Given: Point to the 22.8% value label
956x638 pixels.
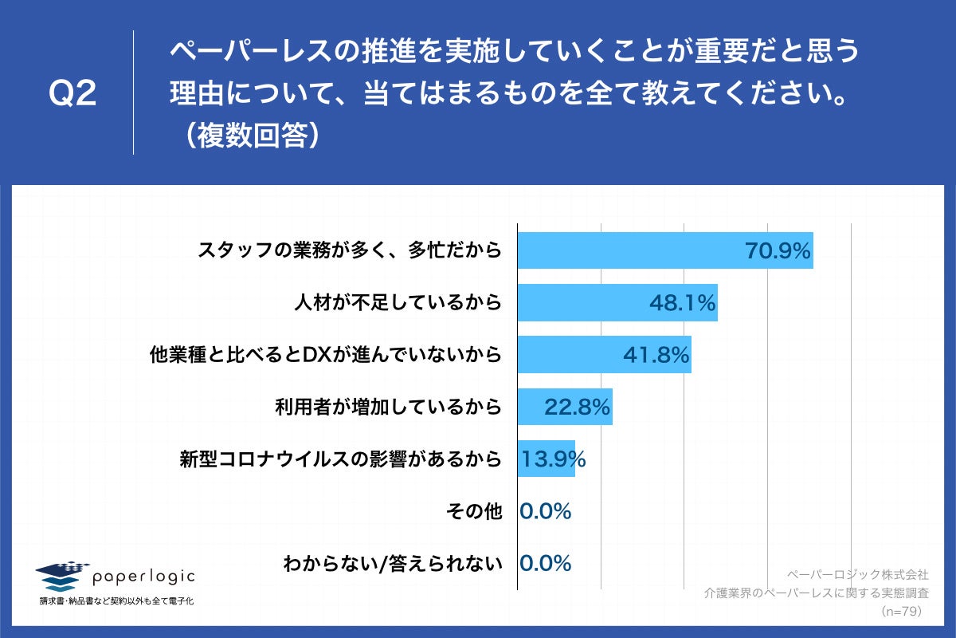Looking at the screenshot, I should [x=577, y=407].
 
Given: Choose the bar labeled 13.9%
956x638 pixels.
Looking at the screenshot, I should [x=547, y=459].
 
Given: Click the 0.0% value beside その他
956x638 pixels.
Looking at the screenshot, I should [x=546, y=511].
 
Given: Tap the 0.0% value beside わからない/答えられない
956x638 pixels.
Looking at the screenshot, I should [x=546, y=563].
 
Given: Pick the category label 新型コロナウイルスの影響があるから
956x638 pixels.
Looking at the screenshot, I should [x=342, y=459].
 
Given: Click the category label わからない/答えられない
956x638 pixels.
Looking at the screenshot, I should [x=393, y=564].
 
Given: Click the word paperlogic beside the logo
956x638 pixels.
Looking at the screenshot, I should [x=143, y=576].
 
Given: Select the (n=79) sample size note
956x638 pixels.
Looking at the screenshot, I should [x=900, y=611].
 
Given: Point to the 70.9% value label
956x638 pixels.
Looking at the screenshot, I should [x=778, y=251].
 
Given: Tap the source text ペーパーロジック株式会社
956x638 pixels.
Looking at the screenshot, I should [x=857, y=574].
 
